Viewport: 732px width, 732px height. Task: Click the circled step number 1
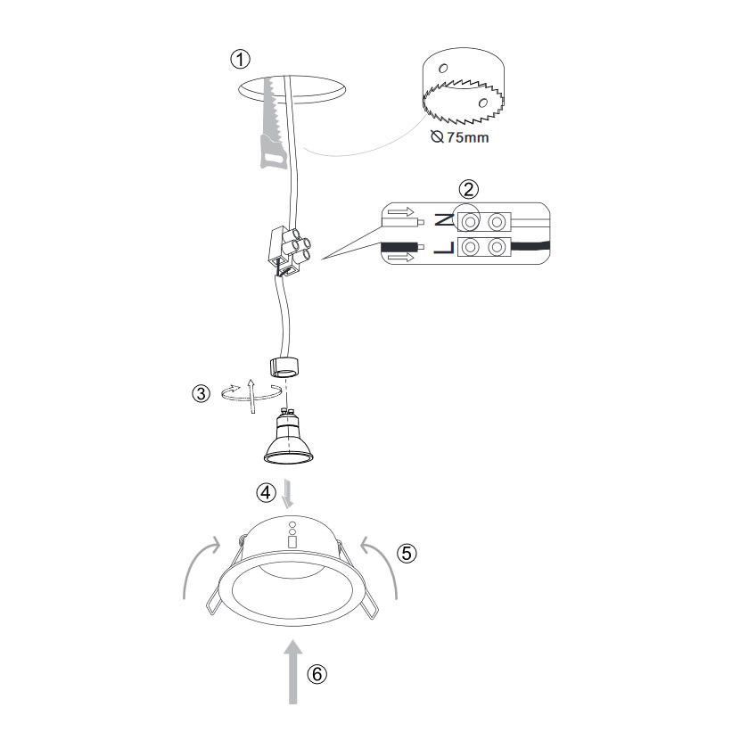tap(241, 60)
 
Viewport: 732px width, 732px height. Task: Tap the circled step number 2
tap(469, 189)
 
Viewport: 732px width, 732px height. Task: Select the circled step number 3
tap(202, 393)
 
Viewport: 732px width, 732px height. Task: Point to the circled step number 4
tap(266, 492)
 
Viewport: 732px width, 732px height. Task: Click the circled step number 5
tap(407, 553)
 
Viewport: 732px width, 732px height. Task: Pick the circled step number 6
tap(317, 674)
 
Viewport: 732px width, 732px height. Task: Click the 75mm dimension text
tap(468, 137)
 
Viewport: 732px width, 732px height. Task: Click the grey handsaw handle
tap(273, 152)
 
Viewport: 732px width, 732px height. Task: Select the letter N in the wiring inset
tap(443, 219)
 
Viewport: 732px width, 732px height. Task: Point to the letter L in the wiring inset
tap(443, 248)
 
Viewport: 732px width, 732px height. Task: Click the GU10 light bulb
tap(288, 437)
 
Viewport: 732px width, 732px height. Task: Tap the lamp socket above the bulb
tap(284, 366)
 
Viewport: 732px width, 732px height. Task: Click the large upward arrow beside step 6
tap(293, 671)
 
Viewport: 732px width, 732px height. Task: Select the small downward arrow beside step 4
tap(288, 493)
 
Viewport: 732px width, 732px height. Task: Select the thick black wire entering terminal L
tap(530, 245)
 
